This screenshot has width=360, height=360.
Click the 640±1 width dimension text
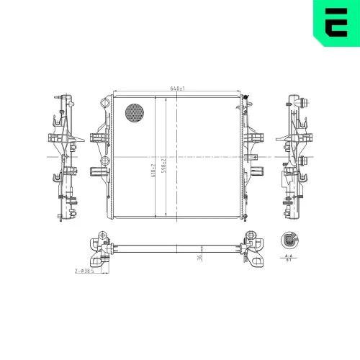click(x=178, y=88)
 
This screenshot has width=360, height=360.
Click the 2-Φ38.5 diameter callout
click(x=85, y=271)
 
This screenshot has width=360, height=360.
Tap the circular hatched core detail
click(x=135, y=112)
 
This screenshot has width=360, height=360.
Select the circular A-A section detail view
click(x=288, y=241)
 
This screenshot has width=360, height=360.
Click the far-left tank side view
click(x=63, y=158)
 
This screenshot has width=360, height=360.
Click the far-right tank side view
click(x=297, y=158)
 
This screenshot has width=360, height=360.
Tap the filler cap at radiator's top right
click(x=246, y=99)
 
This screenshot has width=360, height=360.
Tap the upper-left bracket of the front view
click(x=97, y=136)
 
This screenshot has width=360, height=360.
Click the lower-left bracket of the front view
click(x=97, y=171)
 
